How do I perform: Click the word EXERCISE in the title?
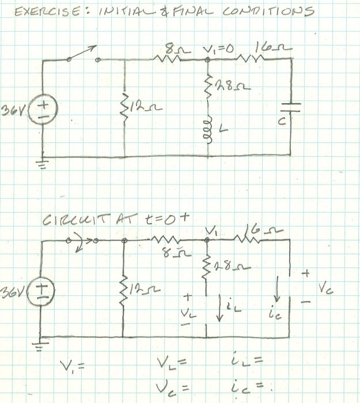[x=40, y=12]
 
